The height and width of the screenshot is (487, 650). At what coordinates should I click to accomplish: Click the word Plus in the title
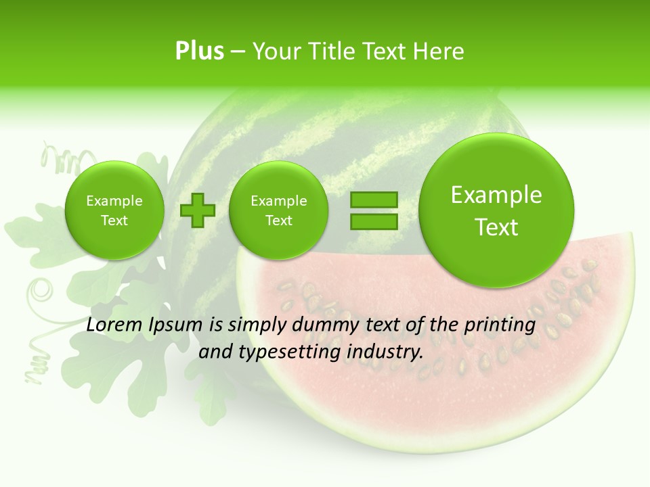click(x=199, y=51)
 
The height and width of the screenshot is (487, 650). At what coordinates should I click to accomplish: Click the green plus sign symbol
click(x=198, y=210)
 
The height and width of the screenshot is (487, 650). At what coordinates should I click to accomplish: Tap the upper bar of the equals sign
click(x=374, y=200)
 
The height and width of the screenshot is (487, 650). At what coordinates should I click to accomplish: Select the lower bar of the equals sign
click(x=374, y=222)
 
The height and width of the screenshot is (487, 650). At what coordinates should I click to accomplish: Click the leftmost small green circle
click(x=114, y=210)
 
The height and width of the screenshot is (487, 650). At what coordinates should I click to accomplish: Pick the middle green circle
click(x=278, y=210)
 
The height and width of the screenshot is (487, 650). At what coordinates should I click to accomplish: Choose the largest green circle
click(x=496, y=210)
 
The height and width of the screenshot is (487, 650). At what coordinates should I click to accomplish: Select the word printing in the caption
click(x=499, y=325)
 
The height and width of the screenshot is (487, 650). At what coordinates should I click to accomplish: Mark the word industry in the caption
click(x=385, y=352)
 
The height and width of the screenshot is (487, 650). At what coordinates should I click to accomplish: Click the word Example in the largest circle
click(x=496, y=195)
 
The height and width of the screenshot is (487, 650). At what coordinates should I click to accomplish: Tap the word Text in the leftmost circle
click(x=114, y=221)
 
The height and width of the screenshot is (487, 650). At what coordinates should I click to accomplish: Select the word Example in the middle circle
click(x=278, y=201)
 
